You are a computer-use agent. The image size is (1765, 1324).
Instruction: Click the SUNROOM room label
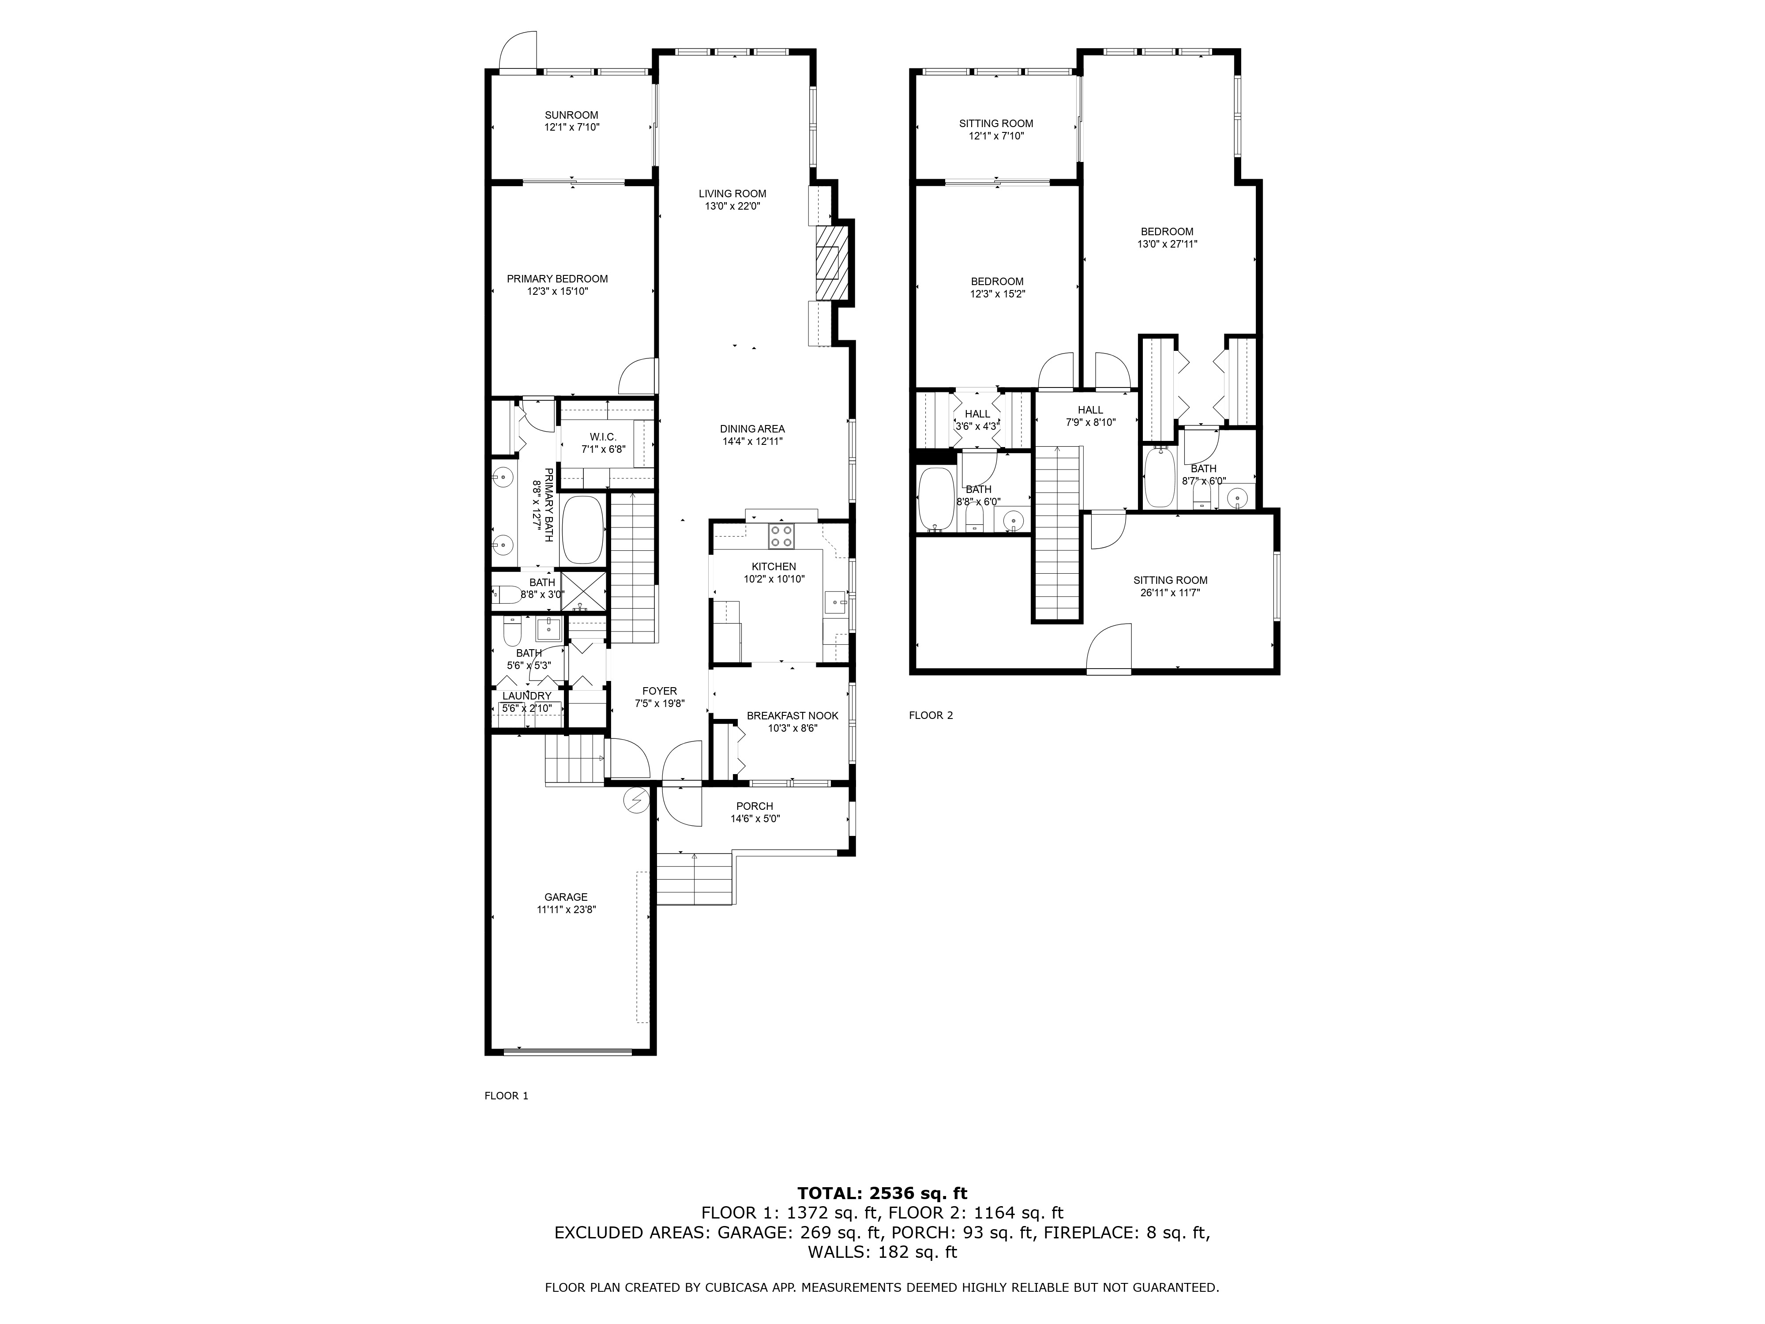coord(571,115)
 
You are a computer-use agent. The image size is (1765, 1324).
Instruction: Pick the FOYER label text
coord(659,691)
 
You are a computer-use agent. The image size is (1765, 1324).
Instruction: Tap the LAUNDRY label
coord(526,696)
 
